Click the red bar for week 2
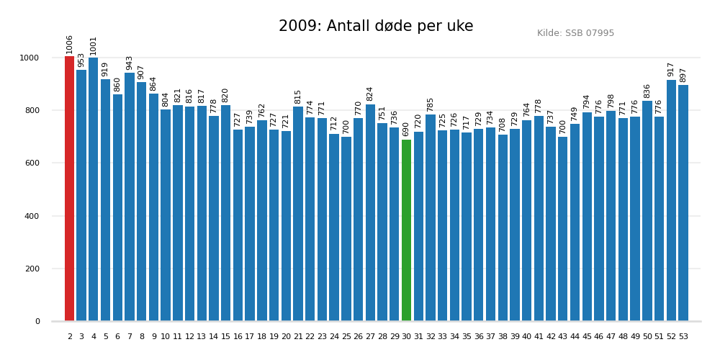pyautogui.click(x=69, y=189)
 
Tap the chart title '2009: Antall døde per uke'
pyautogui.click(x=376, y=27)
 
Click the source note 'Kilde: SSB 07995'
pyautogui.click(x=575, y=33)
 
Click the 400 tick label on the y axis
pyautogui.click(x=35, y=216)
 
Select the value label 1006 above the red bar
pyautogui.click(x=70, y=44)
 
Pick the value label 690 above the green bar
pyautogui.click(x=406, y=129)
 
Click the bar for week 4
pyautogui.click(x=94, y=189)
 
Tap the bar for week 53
pyautogui.click(x=683, y=203)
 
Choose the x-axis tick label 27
pyautogui.click(x=370, y=336)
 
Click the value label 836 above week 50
pyautogui.click(x=647, y=91)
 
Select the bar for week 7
pyautogui.click(x=130, y=197)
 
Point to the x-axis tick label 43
pyautogui.click(x=563, y=336)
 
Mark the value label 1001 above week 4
pyautogui.click(x=94, y=45)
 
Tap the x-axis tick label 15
pyautogui.click(x=226, y=336)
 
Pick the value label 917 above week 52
pyautogui.click(x=671, y=69)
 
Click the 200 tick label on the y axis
pyautogui.click(x=35, y=269)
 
